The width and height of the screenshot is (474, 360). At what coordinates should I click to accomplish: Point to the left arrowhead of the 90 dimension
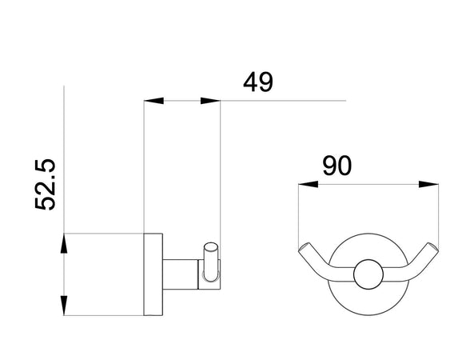[x=308, y=184]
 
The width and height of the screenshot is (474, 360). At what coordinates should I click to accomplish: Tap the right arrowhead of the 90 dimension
[x=429, y=184]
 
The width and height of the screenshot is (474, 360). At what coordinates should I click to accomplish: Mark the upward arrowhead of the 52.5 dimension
[x=63, y=243]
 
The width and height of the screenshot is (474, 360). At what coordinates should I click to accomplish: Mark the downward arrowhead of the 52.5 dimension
[x=63, y=305]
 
